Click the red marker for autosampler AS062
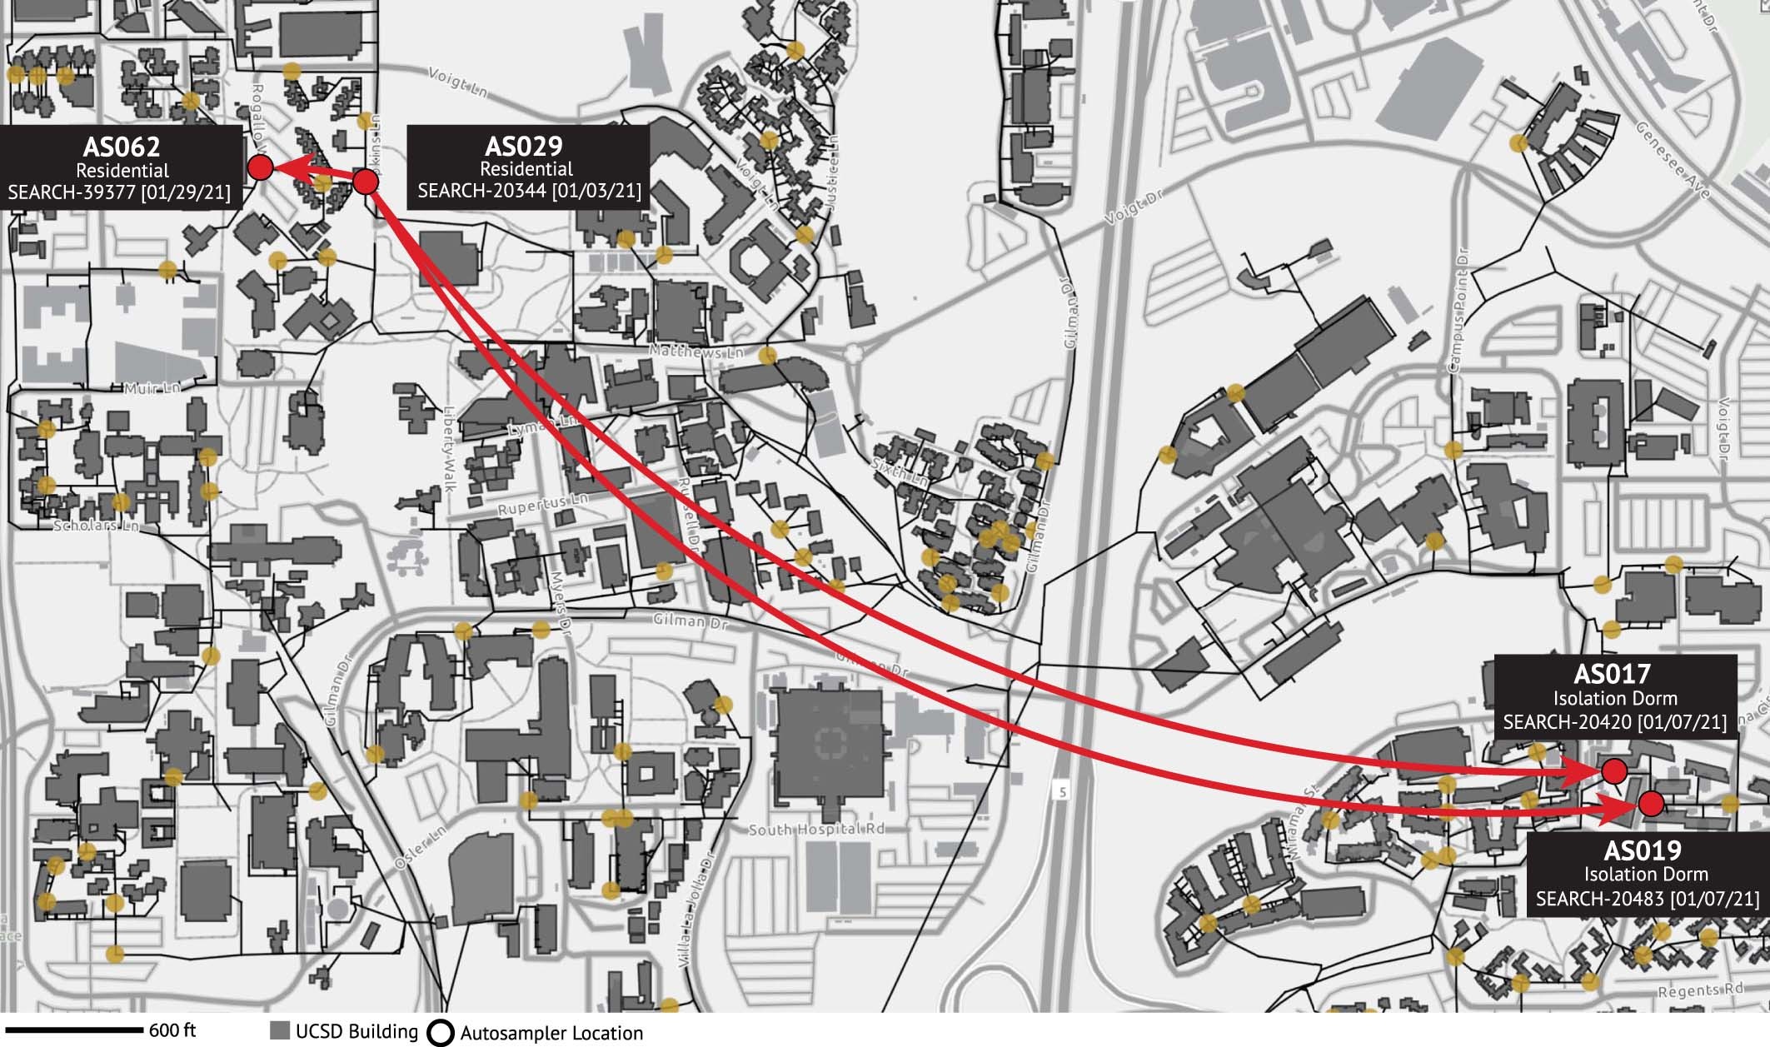click(x=261, y=168)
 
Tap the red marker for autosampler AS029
click(x=366, y=182)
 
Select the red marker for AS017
click(x=1614, y=771)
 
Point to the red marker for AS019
click(x=1650, y=804)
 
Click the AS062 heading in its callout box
click(x=122, y=147)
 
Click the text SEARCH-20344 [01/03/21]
click(x=529, y=191)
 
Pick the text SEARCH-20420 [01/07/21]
click(x=1615, y=720)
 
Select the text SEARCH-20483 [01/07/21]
click(x=1648, y=899)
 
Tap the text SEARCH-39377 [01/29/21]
click(x=119, y=192)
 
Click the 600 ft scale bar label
click(x=173, y=1031)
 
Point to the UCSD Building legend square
click(x=280, y=1030)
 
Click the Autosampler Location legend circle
click(x=440, y=1033)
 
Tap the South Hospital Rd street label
click(x=815, y=830)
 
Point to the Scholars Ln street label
click(x=95, y=526)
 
